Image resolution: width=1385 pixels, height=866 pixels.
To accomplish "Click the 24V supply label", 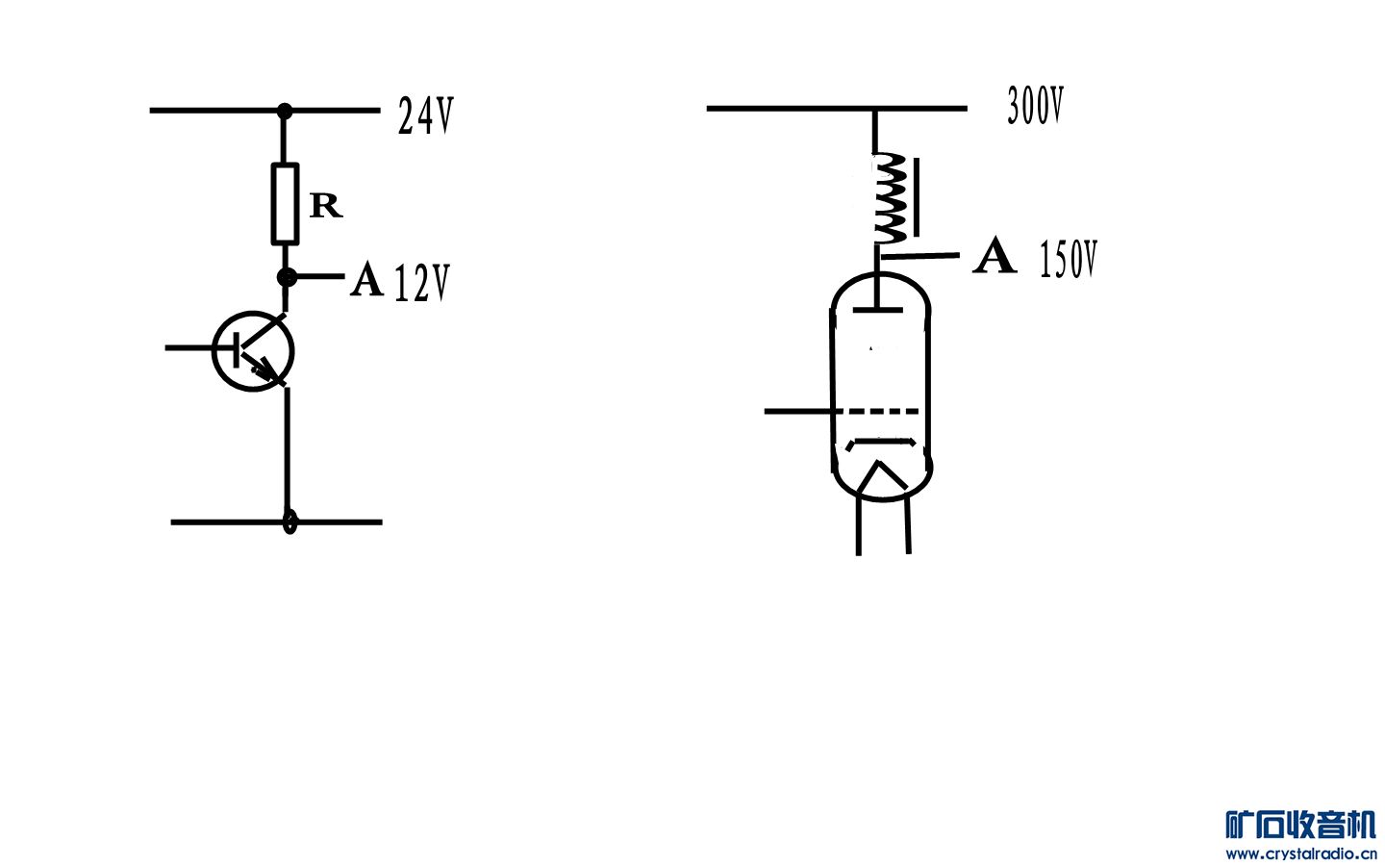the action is coord(425,115).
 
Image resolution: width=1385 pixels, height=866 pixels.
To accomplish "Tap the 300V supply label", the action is coord(1035,106).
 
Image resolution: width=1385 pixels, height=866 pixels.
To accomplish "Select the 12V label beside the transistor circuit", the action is coord(421,283).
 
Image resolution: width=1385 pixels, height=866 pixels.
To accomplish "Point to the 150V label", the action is coord(1069,259).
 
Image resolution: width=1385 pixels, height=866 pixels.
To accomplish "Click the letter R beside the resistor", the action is coord(326,206).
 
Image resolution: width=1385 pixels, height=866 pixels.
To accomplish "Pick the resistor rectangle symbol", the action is coord(285,204).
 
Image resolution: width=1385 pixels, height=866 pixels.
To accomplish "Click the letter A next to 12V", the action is coord(367,280).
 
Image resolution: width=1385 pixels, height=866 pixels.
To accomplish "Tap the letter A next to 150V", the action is coord(995,255).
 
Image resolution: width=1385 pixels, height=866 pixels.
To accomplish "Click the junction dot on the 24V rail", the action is coord(285,112).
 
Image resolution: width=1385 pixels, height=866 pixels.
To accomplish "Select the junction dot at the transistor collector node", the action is coord(287,277).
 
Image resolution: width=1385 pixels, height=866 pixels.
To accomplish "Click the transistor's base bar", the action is coord(237,350).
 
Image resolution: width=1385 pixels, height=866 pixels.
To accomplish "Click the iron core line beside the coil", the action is coord(917,197).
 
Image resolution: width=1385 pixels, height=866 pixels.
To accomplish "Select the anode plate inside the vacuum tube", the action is coord(877,309).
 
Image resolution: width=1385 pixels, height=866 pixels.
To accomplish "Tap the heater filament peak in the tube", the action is coord(878,464).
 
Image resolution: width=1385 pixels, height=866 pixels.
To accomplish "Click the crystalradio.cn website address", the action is coord(1301,854).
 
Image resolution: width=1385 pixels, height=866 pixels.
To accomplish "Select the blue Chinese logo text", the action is coord(1301,825).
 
